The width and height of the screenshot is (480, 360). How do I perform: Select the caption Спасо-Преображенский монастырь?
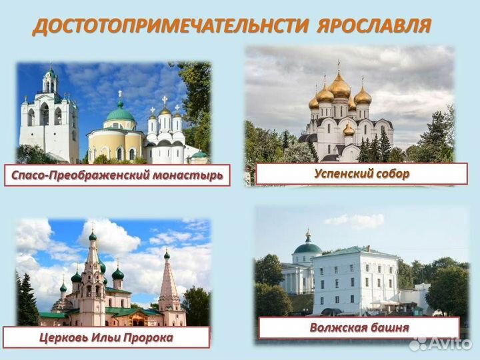(117, 176)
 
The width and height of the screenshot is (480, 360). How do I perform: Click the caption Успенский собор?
(361, 173)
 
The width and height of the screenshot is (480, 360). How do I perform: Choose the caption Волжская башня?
(359, 327)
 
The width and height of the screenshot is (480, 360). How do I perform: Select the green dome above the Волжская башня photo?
(307, 247)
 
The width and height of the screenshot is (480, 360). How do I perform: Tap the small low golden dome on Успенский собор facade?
(348, 129)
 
